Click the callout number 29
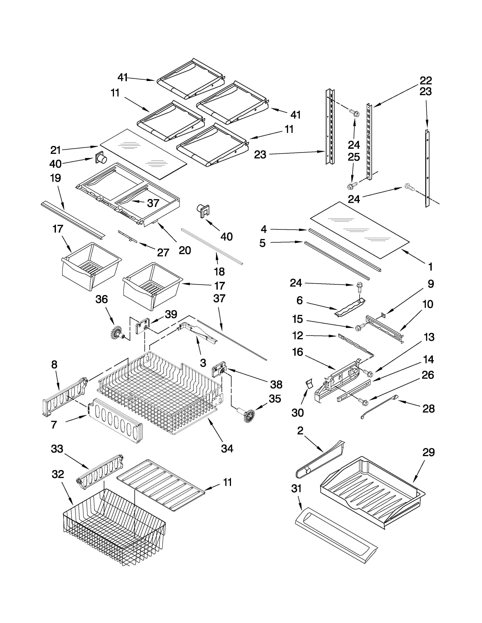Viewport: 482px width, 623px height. (x=428, y=452)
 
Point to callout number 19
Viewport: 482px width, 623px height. (x=55, y=178)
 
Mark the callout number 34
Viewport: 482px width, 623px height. (x=227, y=449)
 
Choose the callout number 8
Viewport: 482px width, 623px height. (x=54, y=365)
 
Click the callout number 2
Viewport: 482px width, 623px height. (x=300, y=431)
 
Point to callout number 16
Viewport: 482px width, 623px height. (x=298, y=352)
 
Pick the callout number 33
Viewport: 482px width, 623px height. (x=57, y=449)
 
